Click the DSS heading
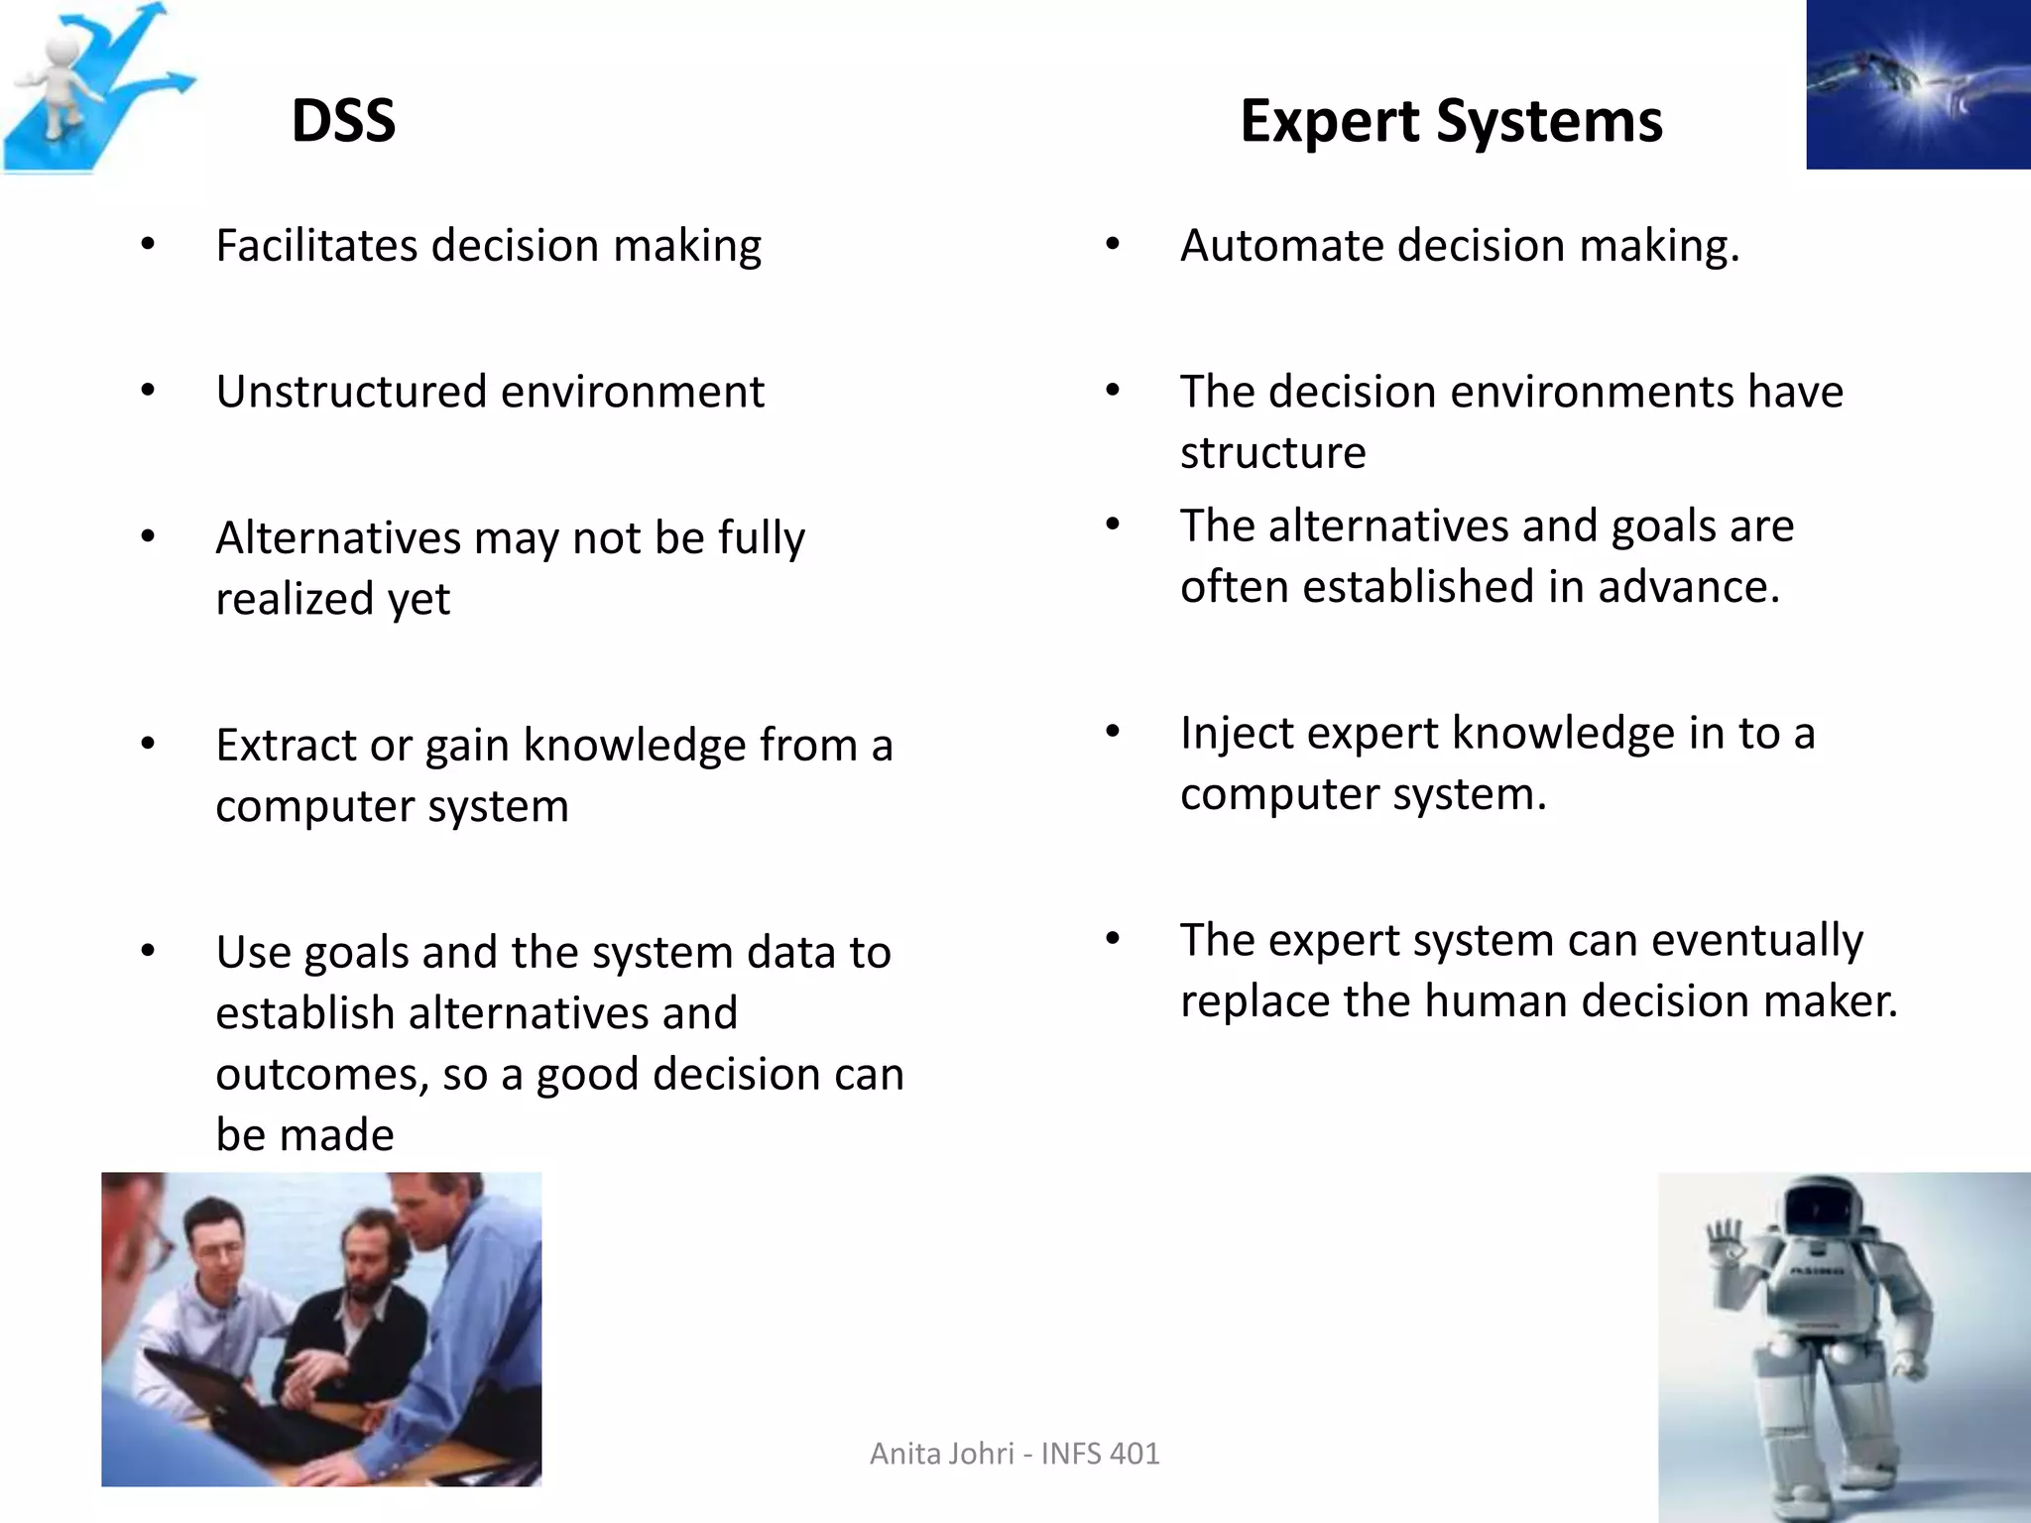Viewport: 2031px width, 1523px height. point(343,121)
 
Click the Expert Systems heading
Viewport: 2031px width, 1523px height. point(1450,121)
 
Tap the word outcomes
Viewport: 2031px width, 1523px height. point(317,1075)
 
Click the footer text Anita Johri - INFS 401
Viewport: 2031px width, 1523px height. point(1014,1454)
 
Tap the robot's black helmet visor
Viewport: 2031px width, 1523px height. point(1821,1211)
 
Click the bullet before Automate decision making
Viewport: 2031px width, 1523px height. point(1113,245)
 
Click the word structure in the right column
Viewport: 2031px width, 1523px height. point(1272,453)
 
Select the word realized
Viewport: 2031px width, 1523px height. point(295,599)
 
